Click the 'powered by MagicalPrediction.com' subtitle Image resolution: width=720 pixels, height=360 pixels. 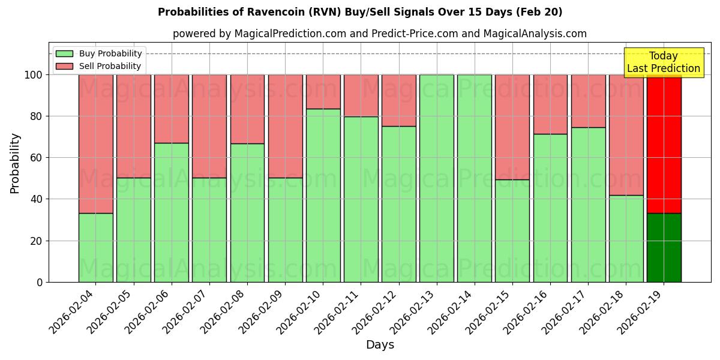click(379, 34)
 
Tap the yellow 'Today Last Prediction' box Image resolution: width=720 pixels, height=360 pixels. click(663, 62)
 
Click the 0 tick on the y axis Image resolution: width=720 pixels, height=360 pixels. click(40, 282)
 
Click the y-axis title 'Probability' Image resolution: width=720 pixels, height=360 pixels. click(15, 163)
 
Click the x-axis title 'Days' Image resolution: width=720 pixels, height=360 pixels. click(380, 345)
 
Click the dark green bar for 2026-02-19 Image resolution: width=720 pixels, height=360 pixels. click(664, 247)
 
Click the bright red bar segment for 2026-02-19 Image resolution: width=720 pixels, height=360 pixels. click(664, 144)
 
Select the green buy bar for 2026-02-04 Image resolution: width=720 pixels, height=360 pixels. click(95, 247)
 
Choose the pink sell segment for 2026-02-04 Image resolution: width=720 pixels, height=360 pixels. click(95, 144)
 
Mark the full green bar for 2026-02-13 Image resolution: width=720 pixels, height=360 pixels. click(436, 178)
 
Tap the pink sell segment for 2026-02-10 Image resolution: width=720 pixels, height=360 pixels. click(323, 92)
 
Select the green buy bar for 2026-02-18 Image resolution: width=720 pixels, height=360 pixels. click(626, 238)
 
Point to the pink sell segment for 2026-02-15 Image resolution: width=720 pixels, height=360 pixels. click(512, 127)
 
